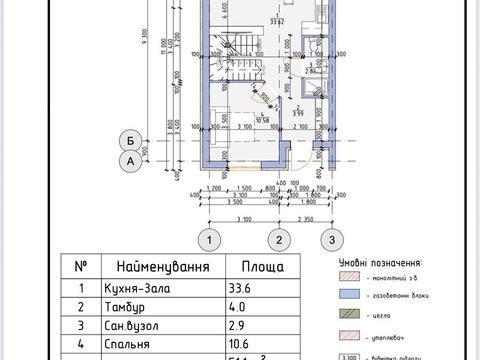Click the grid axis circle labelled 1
[208, 239]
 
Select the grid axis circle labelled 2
[281, 239]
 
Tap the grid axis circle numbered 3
[326, 239]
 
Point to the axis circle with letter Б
[128, 138]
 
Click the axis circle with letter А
[128, 159]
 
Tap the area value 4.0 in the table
[239, 309]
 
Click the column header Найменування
[163, 268]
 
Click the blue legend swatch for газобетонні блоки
[350, 297]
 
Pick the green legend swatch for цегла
[350, 317]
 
